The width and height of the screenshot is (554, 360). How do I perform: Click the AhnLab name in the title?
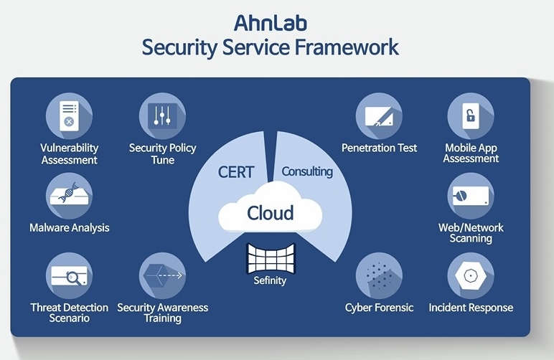click(x=271, y=23)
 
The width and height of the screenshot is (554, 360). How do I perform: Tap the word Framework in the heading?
click(x=347, y=47)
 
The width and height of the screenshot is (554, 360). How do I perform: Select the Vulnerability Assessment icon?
click(x=69, y=115)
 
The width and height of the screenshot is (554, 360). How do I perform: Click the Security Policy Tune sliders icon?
click(x=162, y=115)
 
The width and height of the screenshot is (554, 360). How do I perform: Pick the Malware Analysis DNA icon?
click(x=69, y=196)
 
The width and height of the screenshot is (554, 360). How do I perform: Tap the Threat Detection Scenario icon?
click(x=69, y=275)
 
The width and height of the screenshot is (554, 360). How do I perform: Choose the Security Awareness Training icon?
click(x=162, y=275)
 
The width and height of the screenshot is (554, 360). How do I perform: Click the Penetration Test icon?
click(x=379, y=115)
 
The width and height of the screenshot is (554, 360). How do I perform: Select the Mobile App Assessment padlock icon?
click(x=471, y=115)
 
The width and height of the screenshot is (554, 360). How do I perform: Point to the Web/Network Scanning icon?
click(x=471, y=196)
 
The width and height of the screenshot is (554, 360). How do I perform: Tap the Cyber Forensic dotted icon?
click(x=379, y=275)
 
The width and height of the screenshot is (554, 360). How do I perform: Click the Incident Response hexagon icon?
click(x=471, y=275)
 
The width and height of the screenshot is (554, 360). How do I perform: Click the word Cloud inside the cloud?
click(x=271, y=213)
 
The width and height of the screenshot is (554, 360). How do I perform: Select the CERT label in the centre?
click(x=236, y=172)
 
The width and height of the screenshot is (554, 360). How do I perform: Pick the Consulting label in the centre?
click(x=307, y=172)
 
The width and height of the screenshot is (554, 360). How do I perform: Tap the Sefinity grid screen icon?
click(x=271, y=258)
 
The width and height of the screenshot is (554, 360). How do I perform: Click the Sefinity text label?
click(x=270, y=280)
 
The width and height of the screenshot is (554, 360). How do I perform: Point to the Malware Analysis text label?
click(x=69, y=227)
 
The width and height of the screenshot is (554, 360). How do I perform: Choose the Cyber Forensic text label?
click(x=379, y=308)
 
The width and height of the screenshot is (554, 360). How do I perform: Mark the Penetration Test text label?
click(x=379, y=148)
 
